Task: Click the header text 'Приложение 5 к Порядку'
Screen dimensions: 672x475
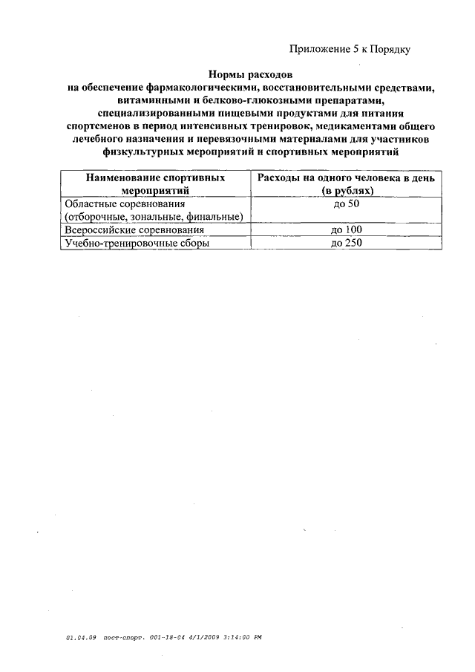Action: (x=349, y=50)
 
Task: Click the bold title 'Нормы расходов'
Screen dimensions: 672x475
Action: (x=250, y=75)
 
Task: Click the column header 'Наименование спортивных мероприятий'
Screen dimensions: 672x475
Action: (x=155, y=184)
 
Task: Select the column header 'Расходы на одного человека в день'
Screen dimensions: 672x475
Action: (x=347, y=178)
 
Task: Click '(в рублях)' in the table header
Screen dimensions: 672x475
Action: (x=347, y=191)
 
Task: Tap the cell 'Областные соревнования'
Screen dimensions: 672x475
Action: (x=124, y=203)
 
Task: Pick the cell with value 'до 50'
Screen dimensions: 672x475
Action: (x=347, y=203)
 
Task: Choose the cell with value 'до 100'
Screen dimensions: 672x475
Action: (x=347, y=229)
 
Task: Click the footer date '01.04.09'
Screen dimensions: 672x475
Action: (x=77, y=637)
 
